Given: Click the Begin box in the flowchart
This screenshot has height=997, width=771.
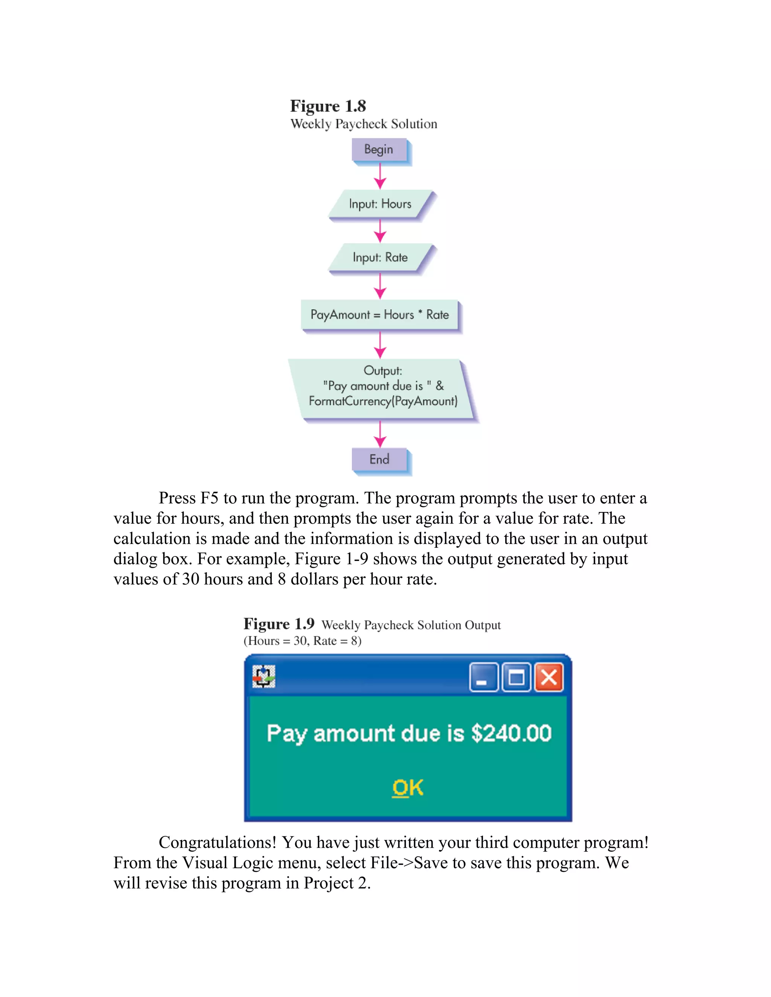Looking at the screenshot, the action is point(379,150).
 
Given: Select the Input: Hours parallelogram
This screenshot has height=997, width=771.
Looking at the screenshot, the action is point(380,204).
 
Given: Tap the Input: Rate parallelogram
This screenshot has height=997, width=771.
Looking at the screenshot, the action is point(380,257).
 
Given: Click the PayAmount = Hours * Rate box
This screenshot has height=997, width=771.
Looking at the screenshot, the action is point(379,315).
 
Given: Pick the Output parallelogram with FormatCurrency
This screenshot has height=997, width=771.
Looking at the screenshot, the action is point(383,389).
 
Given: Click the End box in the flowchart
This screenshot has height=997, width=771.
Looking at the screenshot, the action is point(379,459).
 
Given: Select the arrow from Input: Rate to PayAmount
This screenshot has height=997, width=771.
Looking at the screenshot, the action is point(380,287).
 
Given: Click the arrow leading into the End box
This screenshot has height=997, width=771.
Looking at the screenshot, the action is point(380,435).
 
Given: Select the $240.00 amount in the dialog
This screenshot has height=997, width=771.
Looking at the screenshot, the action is point(512,734).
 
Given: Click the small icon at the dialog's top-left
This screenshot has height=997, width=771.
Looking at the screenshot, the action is point(264,676).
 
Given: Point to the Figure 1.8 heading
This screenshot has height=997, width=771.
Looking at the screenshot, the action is point(328,106).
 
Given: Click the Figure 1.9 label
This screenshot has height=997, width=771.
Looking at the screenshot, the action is point(279,624).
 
